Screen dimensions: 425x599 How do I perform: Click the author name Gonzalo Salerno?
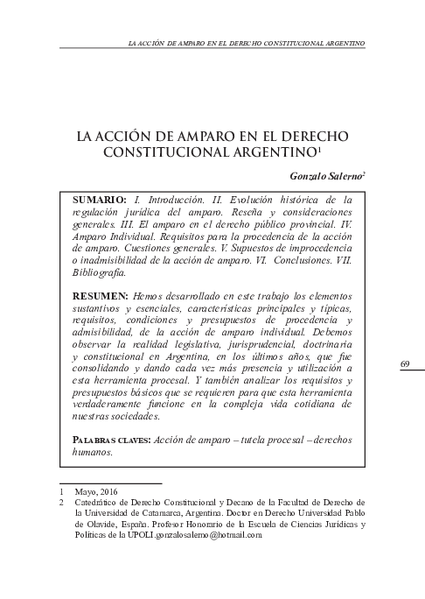325,175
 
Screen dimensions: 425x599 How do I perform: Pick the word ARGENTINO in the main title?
275,152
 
